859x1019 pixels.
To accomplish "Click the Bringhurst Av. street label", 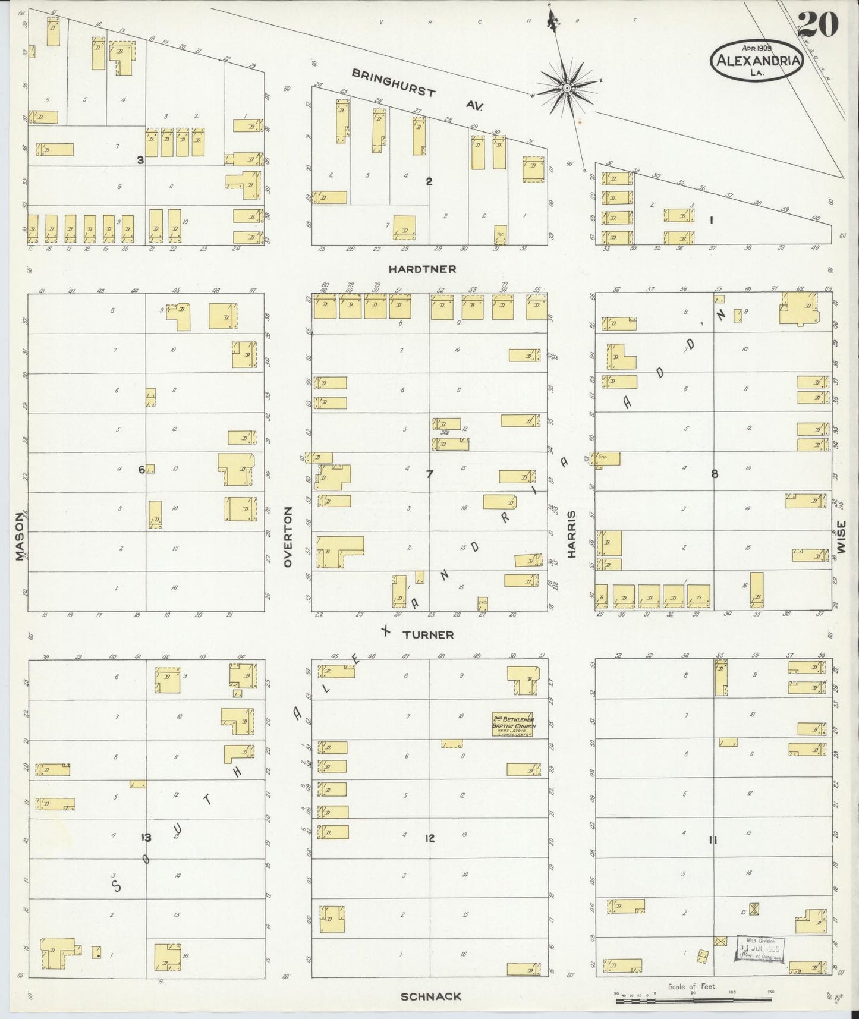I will [x=416, y=90].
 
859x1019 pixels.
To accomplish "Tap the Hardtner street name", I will [x=422, y=269].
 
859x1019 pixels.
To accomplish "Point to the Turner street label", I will [x=428, y=635].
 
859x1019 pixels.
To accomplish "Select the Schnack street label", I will [x=431, y=996].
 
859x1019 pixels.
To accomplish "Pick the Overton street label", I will [x=289, y=536].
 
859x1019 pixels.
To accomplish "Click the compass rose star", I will [x=567, y=89].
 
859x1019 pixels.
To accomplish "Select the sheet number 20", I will [x=818, y=24].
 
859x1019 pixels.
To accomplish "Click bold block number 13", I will [x=146, y=838].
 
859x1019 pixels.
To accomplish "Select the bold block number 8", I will [x=715, y=474].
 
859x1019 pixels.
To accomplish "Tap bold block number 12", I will [x=430, y=839].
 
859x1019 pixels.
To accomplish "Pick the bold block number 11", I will [x=713, y=840].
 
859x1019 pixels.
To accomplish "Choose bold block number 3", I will [x=140, y=160].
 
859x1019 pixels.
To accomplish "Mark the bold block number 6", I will [x=141, y=470].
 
